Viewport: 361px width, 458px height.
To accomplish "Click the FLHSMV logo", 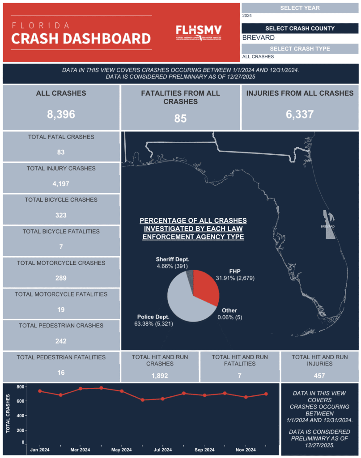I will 199,32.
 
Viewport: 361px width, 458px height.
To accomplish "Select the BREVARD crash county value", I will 259,38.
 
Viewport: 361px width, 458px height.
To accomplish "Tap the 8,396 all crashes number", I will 61,114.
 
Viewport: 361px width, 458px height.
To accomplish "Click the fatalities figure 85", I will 180,119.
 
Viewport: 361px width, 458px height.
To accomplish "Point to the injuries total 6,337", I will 300,114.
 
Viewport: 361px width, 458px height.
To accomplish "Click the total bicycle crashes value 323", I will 61,215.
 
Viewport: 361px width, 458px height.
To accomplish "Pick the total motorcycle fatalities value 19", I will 61,310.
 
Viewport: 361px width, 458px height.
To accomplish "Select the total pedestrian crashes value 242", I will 61,341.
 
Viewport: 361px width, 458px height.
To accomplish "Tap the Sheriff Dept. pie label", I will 173,262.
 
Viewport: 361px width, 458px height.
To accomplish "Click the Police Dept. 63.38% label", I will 153,320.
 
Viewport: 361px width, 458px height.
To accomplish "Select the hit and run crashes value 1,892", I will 160,376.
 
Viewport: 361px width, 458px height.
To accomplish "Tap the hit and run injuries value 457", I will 319,376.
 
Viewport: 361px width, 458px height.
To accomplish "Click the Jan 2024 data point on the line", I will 40,391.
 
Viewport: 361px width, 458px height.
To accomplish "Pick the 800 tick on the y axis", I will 20,386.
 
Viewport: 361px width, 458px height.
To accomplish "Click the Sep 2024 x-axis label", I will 204,450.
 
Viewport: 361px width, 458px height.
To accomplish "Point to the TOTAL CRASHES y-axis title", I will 8,413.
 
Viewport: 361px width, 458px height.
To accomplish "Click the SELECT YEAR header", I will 300,8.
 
